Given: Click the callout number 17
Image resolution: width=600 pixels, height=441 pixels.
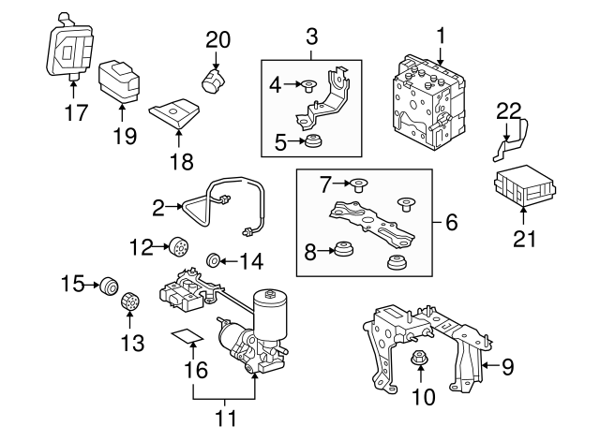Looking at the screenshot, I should coord(75,113).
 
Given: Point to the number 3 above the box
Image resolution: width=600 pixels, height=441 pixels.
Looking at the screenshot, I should coord(312,37).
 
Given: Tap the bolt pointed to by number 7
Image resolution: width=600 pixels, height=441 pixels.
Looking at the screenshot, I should coord(359,184).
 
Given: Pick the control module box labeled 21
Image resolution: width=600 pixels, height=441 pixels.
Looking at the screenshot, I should coord(524,188).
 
